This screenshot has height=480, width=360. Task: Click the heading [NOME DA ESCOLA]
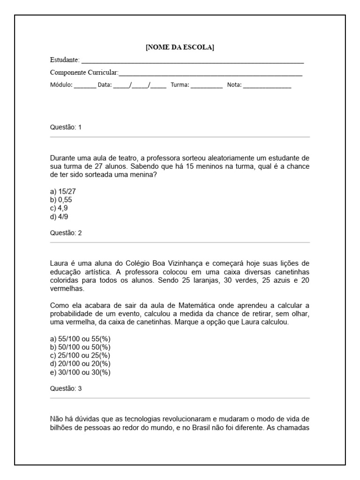(x=180, y=47)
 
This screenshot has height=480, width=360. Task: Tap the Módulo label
(x=60, y=85)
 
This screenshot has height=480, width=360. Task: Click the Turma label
(x=180, y=85)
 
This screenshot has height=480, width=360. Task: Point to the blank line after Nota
(x=267, y=87)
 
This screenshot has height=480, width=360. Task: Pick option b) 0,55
(x=60, y=199)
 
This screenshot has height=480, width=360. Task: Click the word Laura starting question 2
(x=58, y=263)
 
